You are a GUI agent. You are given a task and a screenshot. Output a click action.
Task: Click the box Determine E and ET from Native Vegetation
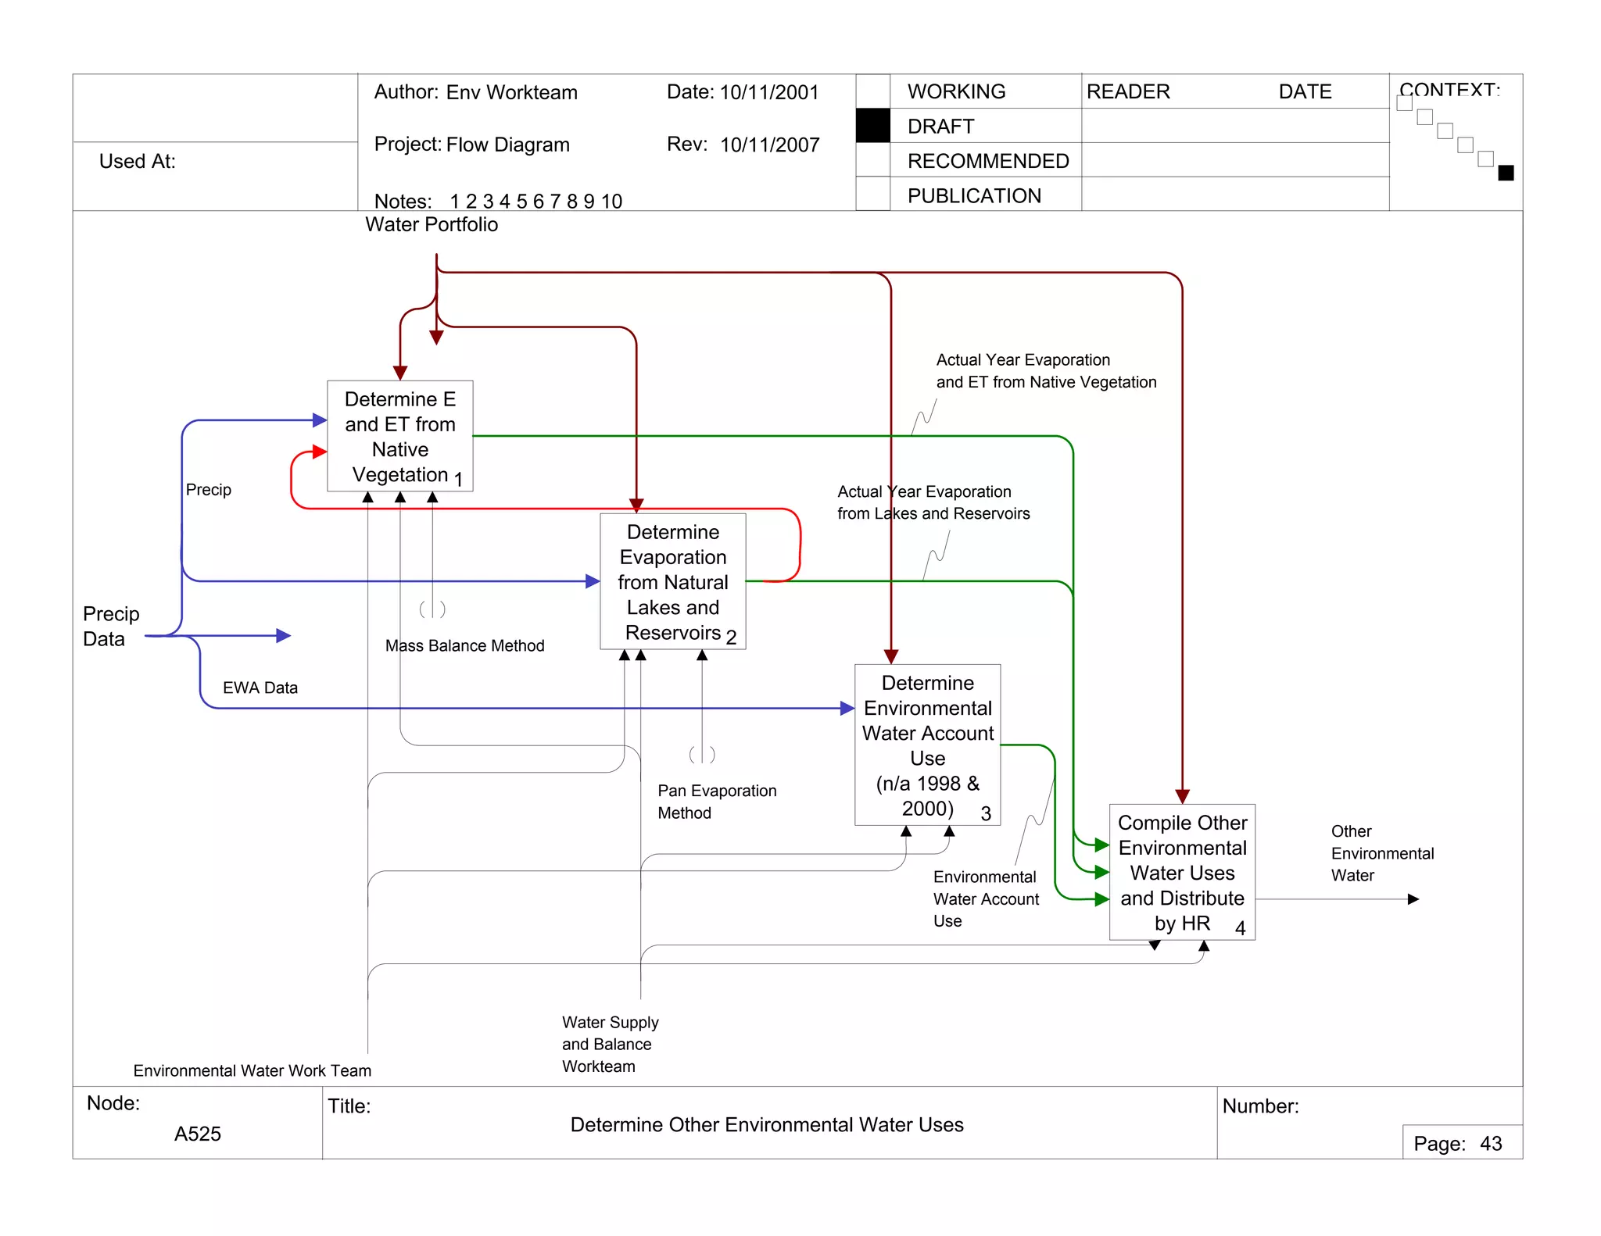[x=399, y=436]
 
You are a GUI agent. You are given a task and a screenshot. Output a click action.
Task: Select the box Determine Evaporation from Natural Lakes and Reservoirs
[x=672, y=581]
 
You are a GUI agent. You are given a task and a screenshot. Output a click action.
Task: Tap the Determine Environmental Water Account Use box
[x=927, y=745]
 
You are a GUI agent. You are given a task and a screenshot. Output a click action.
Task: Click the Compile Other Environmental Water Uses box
[x=1182, y=872]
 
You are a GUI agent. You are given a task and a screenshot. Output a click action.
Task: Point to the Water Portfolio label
[x=432, y=225]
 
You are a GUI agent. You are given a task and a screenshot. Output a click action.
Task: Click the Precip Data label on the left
[x=111, y=626]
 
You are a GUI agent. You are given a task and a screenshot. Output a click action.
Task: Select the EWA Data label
[x=260, y=688]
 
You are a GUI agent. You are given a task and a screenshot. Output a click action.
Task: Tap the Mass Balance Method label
[x=464, y=646]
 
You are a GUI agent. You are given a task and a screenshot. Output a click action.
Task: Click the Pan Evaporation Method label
[x=716, y=802]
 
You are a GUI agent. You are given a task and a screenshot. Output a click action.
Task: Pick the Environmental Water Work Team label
[x=252, y=1070]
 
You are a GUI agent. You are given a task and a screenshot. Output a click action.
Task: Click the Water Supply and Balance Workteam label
[x=610, y=1044]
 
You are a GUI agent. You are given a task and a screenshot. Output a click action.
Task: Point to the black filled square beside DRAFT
[x=872, y=126]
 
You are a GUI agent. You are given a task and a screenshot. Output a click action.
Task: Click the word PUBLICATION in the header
[x=974, y=196]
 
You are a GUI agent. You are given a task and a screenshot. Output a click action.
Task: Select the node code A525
[x=197, y=1134]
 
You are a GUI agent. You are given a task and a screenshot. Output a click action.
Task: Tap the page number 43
[x=1490, y=1144]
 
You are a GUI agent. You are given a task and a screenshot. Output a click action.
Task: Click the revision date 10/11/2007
[x=769, y=145]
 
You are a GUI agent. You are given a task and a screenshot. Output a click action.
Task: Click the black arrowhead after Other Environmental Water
[x=1413, y=899]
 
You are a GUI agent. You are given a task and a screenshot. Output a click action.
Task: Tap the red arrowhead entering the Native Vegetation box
[x=319, y=452]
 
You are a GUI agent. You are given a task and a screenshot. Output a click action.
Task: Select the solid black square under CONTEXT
[x=1506, y=173]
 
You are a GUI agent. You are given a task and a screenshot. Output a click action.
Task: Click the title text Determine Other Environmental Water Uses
[x=766, y=1125]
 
